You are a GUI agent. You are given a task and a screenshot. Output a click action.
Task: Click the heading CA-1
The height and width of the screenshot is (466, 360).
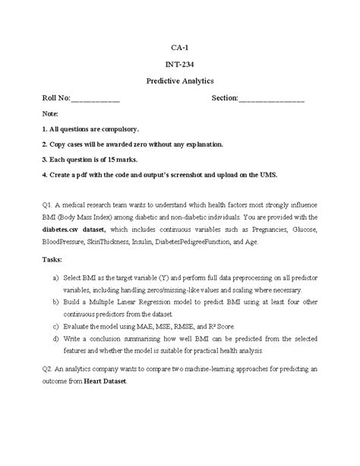coord(180,46)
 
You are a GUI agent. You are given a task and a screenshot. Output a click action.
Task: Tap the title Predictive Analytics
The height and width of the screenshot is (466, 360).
coord(180,80)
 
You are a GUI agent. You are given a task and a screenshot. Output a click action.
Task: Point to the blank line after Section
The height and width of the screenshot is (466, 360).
coord(272,100)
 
